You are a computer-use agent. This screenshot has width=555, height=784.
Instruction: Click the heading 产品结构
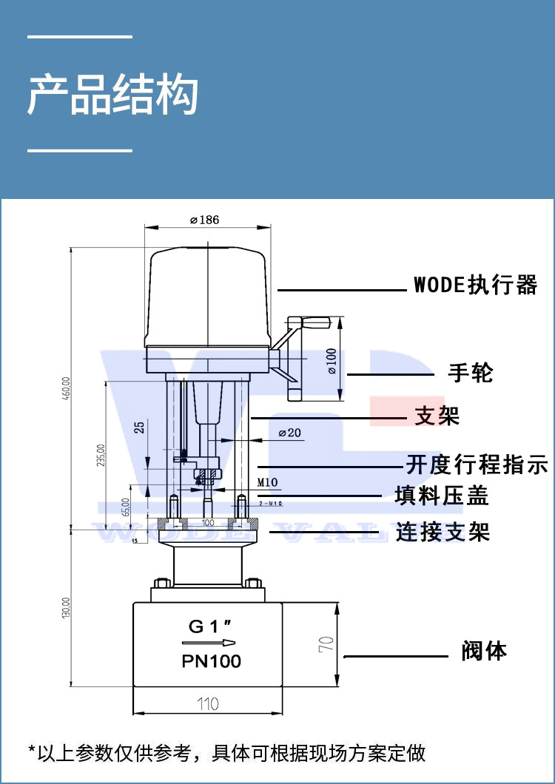(113, 95)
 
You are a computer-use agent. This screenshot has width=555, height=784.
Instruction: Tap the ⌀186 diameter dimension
(204, 220)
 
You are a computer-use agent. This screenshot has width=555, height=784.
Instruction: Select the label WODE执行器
(474, 285)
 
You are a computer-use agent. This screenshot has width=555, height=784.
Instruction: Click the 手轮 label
(470, 373)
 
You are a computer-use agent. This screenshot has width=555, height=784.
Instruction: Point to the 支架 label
(437, 416)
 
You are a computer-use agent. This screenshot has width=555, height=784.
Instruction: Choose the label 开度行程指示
(477, 465)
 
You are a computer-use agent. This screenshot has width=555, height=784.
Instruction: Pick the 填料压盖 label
(442, 496)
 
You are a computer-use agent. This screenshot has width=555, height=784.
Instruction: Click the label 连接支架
(443, 531)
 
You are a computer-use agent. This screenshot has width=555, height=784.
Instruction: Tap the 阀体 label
(485, 651)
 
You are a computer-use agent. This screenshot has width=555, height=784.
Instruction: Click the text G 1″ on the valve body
(207, 626)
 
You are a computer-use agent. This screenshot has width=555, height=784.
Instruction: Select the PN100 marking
(211, 661)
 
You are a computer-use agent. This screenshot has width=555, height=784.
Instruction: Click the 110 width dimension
(208, 703)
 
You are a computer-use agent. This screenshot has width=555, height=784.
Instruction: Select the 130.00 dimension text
(66, 607)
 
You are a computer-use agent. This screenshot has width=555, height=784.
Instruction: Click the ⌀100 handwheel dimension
(332, 361)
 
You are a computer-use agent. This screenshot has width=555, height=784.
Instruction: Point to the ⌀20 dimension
(289, 433)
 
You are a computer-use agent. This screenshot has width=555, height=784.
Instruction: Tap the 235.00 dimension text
(101, 456)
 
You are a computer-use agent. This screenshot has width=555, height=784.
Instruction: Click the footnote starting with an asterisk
(227, 753)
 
